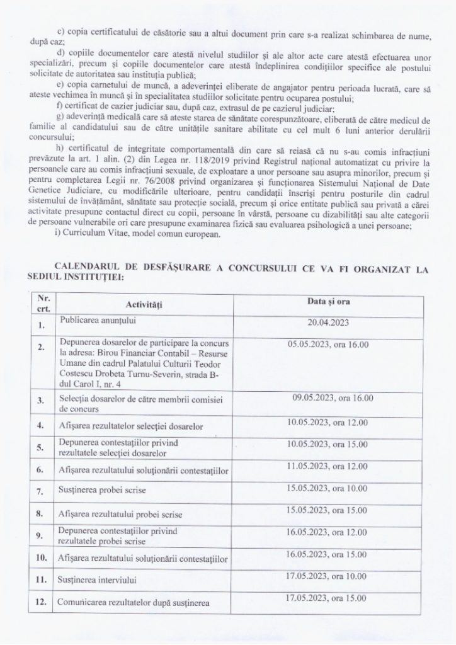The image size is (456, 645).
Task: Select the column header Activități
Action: [144, 305]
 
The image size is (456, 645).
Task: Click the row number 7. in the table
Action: [41, 489]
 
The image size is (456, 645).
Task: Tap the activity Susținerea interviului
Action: [98, 578]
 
